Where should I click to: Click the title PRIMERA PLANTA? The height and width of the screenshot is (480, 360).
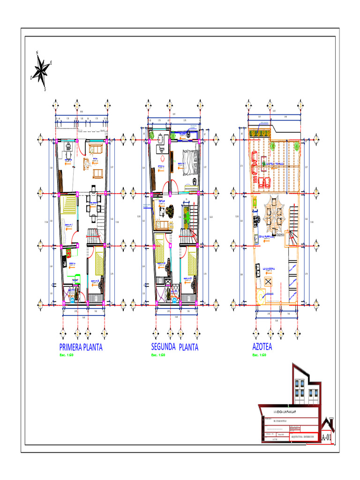(81, 347)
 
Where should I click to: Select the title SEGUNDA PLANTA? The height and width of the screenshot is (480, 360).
(174, 347)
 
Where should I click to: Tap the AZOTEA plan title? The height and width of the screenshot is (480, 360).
(262, 347)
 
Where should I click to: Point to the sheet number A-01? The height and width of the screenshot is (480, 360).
(326, 437)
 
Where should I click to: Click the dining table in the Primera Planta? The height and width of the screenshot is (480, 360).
(93, 203)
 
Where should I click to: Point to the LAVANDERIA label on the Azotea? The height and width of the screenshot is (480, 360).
(271, 269)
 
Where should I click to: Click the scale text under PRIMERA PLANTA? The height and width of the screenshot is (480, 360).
(67, 355)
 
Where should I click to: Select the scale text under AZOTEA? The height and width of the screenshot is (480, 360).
(259, 355)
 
